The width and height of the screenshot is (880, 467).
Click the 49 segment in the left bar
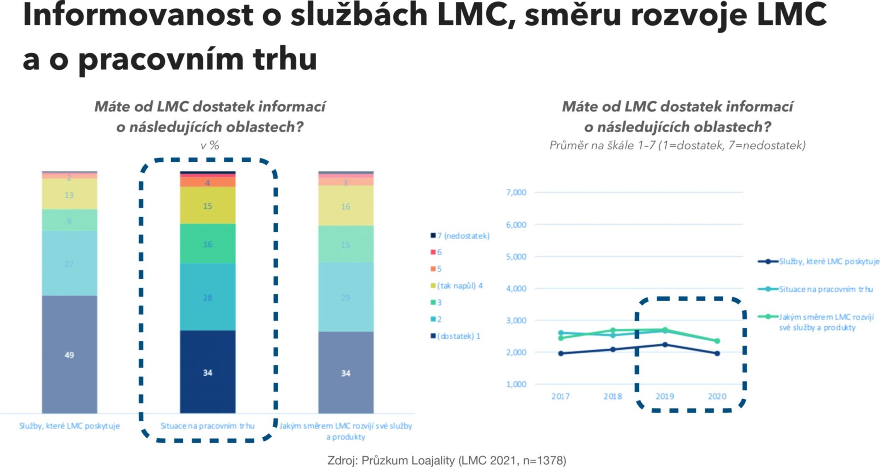click(69, 354)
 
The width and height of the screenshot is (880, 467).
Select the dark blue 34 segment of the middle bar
click(208, 372)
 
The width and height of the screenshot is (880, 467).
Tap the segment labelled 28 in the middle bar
click(208, 297)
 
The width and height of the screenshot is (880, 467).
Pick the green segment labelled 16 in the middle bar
click(208, 244)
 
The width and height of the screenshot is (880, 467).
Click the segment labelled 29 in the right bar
click(346, 297)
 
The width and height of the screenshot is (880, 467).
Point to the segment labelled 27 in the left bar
click(69, 264)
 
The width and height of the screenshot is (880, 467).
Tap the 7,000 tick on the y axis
click(516, 192)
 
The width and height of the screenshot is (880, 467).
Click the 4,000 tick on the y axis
click(516, 288)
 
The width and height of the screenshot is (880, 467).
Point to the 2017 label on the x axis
click(561, 396)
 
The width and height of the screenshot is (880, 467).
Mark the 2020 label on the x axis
click(717, 396)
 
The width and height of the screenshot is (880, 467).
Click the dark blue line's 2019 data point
click(665, 345)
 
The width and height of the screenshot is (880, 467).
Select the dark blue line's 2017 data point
click(561, 353)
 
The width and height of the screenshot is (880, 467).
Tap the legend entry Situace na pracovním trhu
click(825, 289)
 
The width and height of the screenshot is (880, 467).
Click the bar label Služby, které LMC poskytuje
click(69, 426)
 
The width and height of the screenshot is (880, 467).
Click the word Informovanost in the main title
click(137, 15)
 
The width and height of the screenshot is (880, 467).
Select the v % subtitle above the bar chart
click(209, 145)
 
